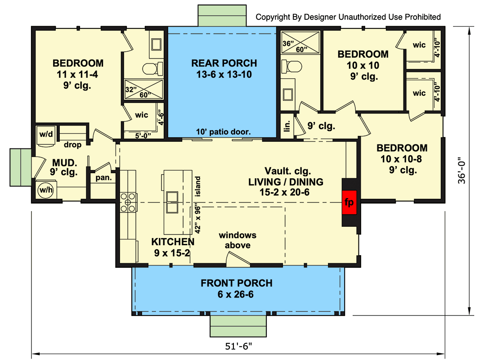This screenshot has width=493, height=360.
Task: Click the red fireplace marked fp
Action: (x=350, y=202)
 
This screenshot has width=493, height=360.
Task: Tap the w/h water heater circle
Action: (x=45, y=190)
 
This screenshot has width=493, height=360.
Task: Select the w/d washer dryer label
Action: (x=46, y=134)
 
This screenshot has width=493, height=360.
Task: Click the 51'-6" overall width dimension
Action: (x=239, y=346)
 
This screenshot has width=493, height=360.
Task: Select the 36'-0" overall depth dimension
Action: (x=461, y=170)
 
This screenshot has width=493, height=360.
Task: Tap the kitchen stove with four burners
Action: (x=128, y=202)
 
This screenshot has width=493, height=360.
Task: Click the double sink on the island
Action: (x=172, y=202)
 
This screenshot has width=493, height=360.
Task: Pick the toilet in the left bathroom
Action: (x=152, y=68)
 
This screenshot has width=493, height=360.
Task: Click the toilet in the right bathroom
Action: (x=291, y=66)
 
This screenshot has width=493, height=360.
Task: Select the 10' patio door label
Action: (x=223, y=132)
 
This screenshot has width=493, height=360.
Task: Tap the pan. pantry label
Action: (x=104, y=178)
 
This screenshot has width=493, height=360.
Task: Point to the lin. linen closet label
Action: (x=287, y=126)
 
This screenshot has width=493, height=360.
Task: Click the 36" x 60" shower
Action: (x=300, y=42)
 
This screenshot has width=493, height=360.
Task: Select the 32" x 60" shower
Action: (x=144, y=89)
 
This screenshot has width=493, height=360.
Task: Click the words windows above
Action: (x=238, y=240)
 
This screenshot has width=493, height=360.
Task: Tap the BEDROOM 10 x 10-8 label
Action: (x=402, y=159)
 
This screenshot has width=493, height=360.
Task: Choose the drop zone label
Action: (x=72, y=144)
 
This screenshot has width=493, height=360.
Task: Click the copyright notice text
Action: (x=348, y=17)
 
